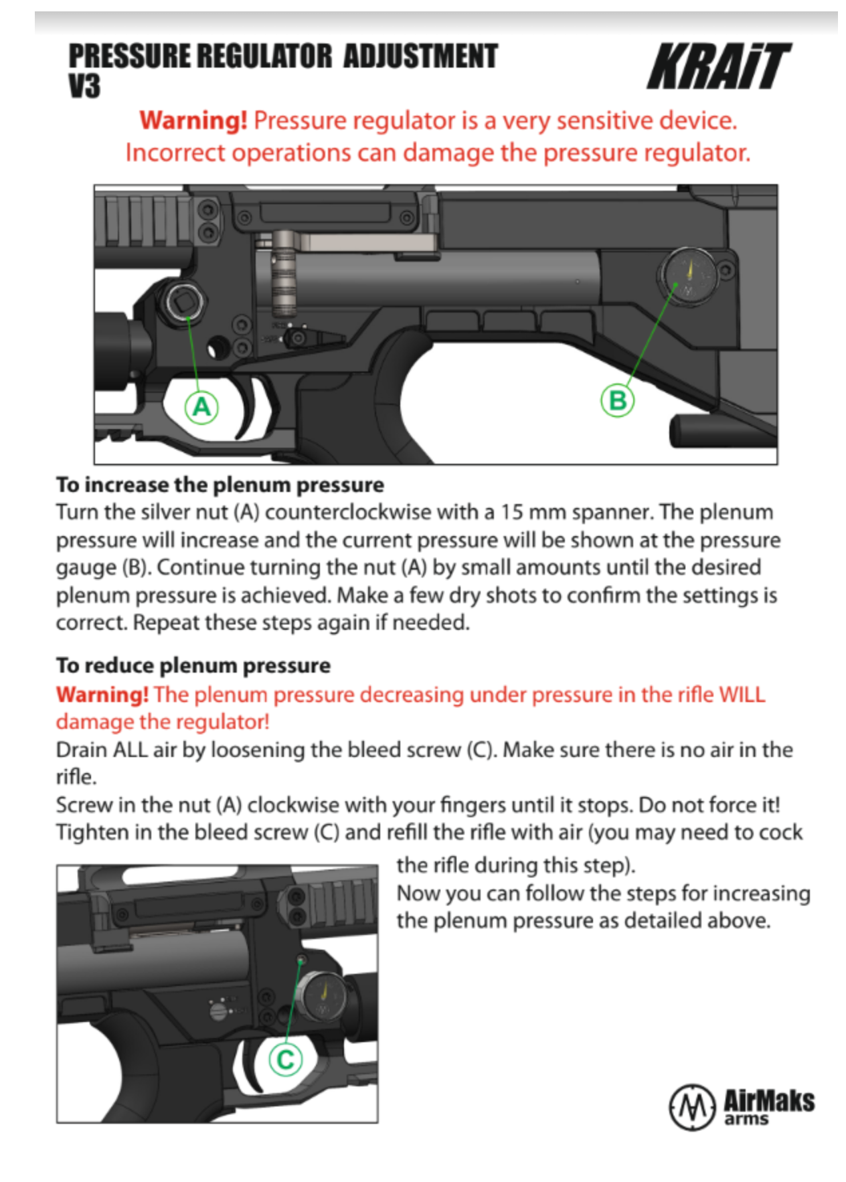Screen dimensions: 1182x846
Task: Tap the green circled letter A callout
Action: [201, 406]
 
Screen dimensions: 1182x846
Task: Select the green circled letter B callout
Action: [617, 400]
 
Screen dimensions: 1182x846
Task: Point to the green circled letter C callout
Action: [285, 1059]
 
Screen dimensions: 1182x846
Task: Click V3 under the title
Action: [84, 86]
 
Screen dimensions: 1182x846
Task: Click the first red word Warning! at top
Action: [193, 120]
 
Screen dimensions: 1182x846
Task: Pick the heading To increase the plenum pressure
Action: [220, 484]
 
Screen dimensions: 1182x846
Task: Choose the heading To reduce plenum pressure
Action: [193, 665]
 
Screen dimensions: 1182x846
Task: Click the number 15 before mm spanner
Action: [512, 512]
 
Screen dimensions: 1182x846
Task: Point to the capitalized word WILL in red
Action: [741, 694]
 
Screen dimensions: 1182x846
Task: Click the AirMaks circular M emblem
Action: [692, 1107]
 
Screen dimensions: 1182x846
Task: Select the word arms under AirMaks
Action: [746, 1119]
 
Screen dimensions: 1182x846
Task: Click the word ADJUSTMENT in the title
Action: [420, 56]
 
